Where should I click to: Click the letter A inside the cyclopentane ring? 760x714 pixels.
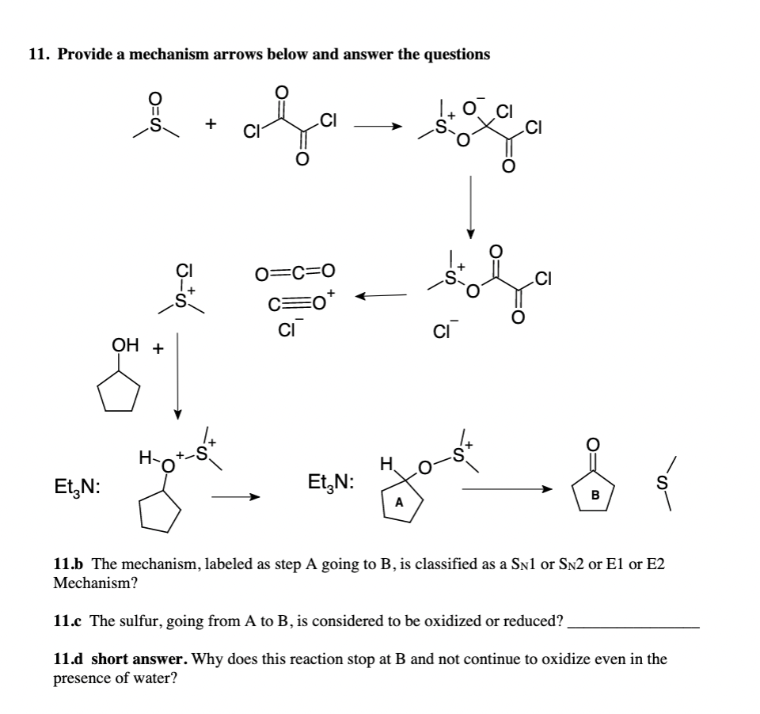point(400,502)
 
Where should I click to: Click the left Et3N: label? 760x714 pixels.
point(76,486)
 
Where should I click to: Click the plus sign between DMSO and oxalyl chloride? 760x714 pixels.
point(209,124)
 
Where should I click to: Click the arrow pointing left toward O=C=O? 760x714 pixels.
point(381,296)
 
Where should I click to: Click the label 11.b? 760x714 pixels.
point(69,564)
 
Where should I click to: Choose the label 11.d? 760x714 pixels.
point(69,659)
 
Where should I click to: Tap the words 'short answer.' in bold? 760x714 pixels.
point(139,659)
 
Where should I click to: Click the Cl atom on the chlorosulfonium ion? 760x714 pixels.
point(183,270)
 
